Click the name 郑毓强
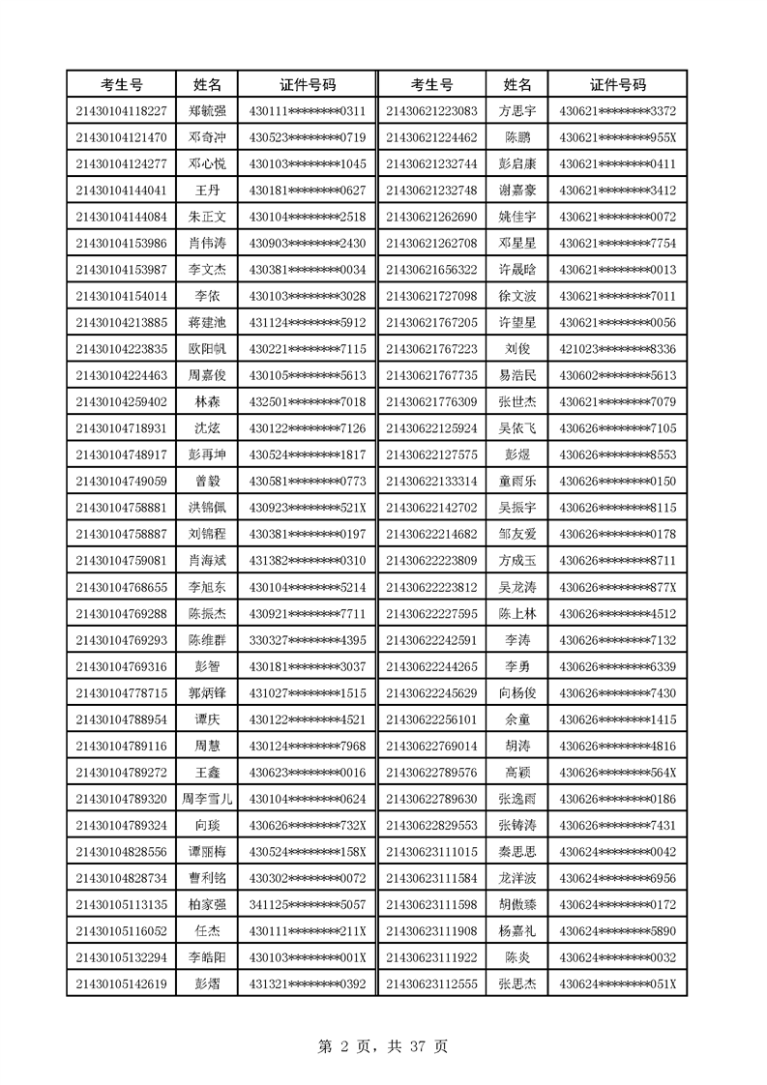click(x=208, y=111)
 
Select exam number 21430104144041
click(x=121, y=190)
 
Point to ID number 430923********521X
click(x=308, y=507)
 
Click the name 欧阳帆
click(x=208, y=348)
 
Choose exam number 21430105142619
click(x=121, y=983)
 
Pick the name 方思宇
click(x=517, y=111)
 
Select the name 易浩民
click(x=517, y=375)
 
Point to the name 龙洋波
click(x=517, y=878)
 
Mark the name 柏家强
click(x=208, y=904)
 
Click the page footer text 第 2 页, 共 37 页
click(x=383, y=1046)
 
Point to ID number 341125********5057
click(x=308, y=904)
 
